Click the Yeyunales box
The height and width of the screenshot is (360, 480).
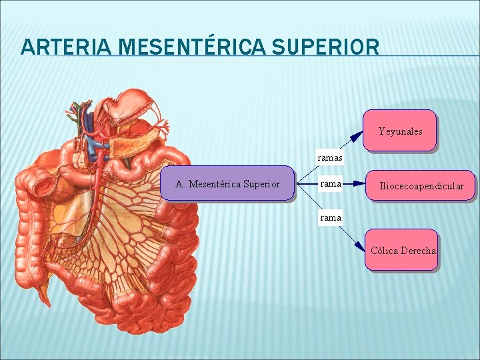[x=400, y=131]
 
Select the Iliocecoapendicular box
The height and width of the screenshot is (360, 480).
[x=421, y=185]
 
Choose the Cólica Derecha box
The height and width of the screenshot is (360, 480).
[x=401, y=250]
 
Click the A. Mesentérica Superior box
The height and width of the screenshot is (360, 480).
[x=227, y=183]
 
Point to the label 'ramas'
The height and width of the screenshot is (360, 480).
[x=331, y=158]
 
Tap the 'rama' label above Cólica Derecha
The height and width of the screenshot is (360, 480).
[x=331, y=217]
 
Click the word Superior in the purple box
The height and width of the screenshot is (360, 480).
[x=261, y=184]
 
